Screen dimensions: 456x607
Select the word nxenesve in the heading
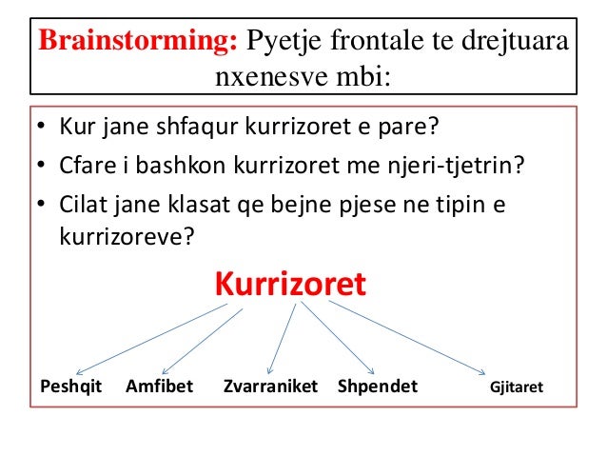point(261,75)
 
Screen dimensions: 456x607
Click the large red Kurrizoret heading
point(289,284)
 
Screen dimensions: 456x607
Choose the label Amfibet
point(159,387)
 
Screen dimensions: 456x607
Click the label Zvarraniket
point(270,387)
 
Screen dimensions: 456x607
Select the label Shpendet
point(378,387)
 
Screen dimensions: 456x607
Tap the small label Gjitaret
point(516,388)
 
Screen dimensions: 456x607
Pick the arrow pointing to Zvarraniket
point(284,338)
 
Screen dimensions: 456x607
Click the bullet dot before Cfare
point(43,167)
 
